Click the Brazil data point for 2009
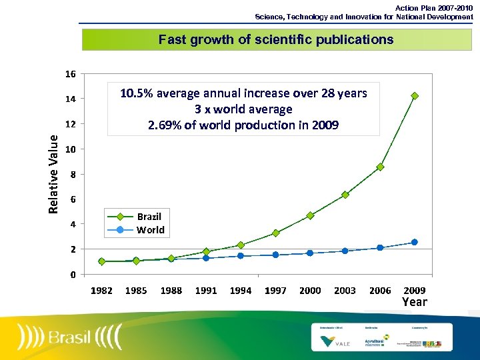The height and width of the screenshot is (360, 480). (415, 96)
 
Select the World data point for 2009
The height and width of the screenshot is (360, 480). (415, 242)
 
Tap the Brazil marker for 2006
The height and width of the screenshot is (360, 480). (380, 167)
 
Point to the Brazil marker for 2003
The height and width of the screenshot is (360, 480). (345, 195)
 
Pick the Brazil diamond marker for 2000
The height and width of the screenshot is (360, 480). (310, 215)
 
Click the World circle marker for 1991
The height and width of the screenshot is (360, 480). (206, 258)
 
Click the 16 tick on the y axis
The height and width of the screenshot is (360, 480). (70, 73)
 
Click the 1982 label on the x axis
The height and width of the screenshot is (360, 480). (101, 291)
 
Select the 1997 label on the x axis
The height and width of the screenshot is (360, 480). (275, 291)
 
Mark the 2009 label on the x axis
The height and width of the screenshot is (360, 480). (415, 291)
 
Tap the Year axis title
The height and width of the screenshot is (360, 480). (414, 302)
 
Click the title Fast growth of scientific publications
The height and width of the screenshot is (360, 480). (276, 39)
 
